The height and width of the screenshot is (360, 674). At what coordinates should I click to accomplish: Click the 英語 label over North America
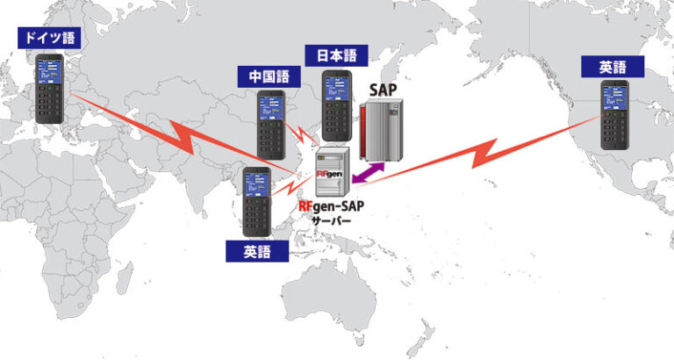(x=613, y=66)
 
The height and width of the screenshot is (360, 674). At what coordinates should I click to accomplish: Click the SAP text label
(x=384, y=90)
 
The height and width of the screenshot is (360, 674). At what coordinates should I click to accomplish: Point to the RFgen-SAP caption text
(x=332, y=206)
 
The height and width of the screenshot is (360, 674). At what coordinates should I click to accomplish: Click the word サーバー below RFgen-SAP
(x=331, y=222)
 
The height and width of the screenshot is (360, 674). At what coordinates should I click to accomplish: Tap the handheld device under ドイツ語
(x=49, y=90)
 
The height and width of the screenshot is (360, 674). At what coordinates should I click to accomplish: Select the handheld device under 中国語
(x=270, y=124)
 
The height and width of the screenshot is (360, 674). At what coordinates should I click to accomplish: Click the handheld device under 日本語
(x=337, y=105)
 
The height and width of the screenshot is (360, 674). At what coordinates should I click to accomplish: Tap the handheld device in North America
(x=614, y=115)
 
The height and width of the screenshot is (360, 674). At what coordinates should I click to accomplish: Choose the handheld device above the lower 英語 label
(x=256, y=202)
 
